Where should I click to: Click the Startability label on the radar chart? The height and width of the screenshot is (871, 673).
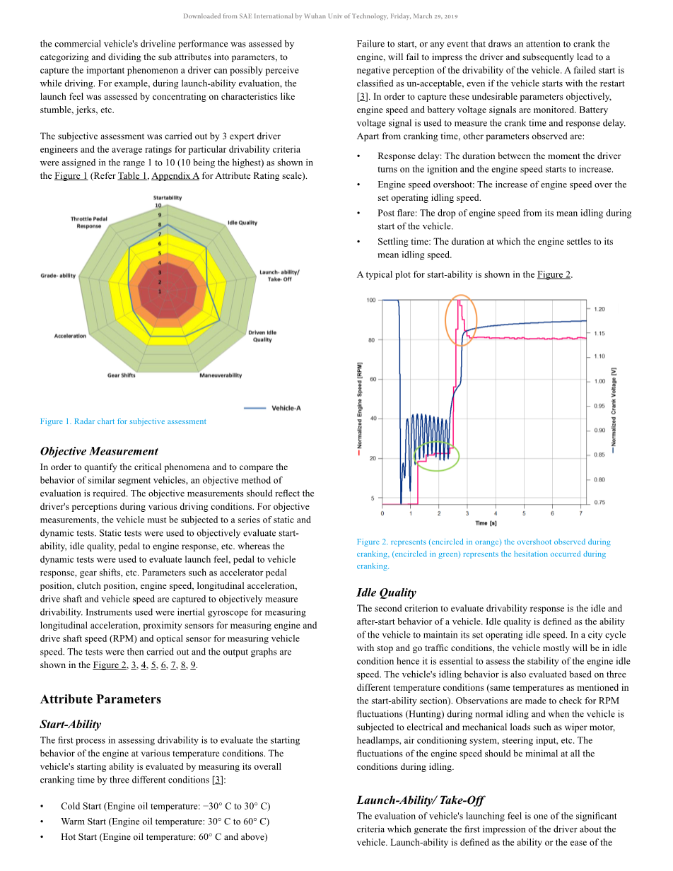click(168, 198)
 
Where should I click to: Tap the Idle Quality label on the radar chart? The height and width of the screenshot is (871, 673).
click(242, 223)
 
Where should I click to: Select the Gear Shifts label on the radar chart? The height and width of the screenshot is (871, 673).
click(122, 375)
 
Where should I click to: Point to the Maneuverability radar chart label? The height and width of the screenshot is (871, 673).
click(221, 375)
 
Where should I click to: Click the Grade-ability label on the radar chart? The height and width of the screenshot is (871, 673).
click(58, 276)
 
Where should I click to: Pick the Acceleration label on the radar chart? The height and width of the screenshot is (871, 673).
click(70, 336)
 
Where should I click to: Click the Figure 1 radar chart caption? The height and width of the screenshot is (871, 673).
click(123, 421)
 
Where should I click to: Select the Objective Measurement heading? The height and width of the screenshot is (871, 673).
click(99, 451)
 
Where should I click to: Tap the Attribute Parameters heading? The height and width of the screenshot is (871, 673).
click(100, 699)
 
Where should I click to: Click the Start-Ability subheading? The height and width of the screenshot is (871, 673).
click(71, 724)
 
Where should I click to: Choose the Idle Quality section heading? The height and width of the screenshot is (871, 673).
click(386, 592)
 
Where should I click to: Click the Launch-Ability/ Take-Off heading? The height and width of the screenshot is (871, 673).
click(420, 800)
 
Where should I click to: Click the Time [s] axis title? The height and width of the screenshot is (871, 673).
click(486, 523)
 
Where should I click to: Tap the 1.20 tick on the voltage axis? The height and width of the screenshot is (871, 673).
click(599, 309)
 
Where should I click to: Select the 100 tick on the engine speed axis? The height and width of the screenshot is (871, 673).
click(370, 300)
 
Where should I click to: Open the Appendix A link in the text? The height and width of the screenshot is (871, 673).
click(175, 176)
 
